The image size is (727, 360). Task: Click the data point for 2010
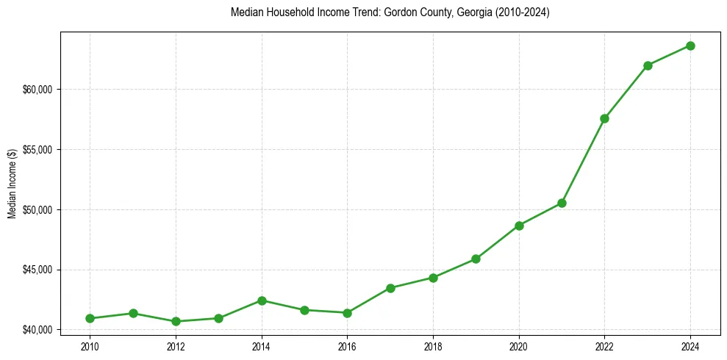pyautogui.click(x=90, y=318)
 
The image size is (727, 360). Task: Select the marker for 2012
pyautogui.click(x=176, y=321)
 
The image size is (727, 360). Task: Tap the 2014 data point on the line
pyautogui.click(x=262, y=300)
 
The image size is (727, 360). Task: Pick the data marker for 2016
pyautogui.click(x=347, y=313)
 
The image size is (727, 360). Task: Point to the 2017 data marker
pyautogui.click(x=390, y=288)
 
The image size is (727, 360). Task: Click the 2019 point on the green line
pyautogui.click(x=476, y=259)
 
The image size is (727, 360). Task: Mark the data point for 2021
pyautogui.click(x=562, y=203)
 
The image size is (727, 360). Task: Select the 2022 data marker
pyautogui.click(x=605, y=118)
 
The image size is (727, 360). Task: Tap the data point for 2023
pyautogui.click(x=648, y=65)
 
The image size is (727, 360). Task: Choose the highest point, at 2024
pyautogui.click(x=691, y=46)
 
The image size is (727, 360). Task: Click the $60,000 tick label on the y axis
pyautogui.click(x=38, y=90)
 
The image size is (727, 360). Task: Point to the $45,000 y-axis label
pyautogui.click(x=38, y=270)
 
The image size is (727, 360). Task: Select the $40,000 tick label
pyautogui.click(x=38, y=330)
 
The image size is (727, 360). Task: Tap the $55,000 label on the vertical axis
pyautogui.click(x=38, y=150)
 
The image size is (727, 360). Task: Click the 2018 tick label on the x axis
pyautogui.click(x=433, y=345)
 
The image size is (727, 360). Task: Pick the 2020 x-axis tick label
pyautogui.click(x=519, y=345)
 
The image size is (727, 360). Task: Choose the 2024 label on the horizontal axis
pyautogui.click(x=691, y=345)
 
